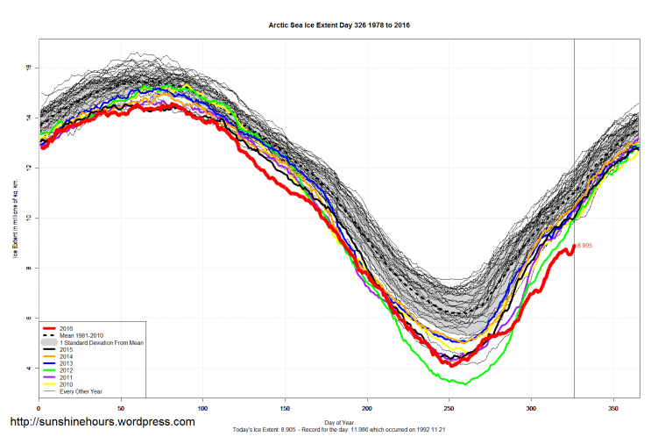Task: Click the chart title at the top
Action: click(x=338, y=25)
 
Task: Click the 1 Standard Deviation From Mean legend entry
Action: click(x=101, y=342)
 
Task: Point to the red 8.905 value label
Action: click(x=584, y=246)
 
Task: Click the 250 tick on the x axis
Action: click(x=449, y=408)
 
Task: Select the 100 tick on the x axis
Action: click(x=202, y=408)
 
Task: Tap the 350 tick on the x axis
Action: click(x=613, y=408)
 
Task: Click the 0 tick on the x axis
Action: click(x=39, y=408)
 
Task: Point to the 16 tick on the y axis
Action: click(x=28, y=68)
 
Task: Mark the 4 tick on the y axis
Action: click(x=28, y=368)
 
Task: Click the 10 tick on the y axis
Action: click(x=28, y=218)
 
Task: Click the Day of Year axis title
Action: click(x=338, y=421)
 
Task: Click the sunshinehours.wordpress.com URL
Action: click(x=102, y=422)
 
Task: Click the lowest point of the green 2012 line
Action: click(x=464, y=384)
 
